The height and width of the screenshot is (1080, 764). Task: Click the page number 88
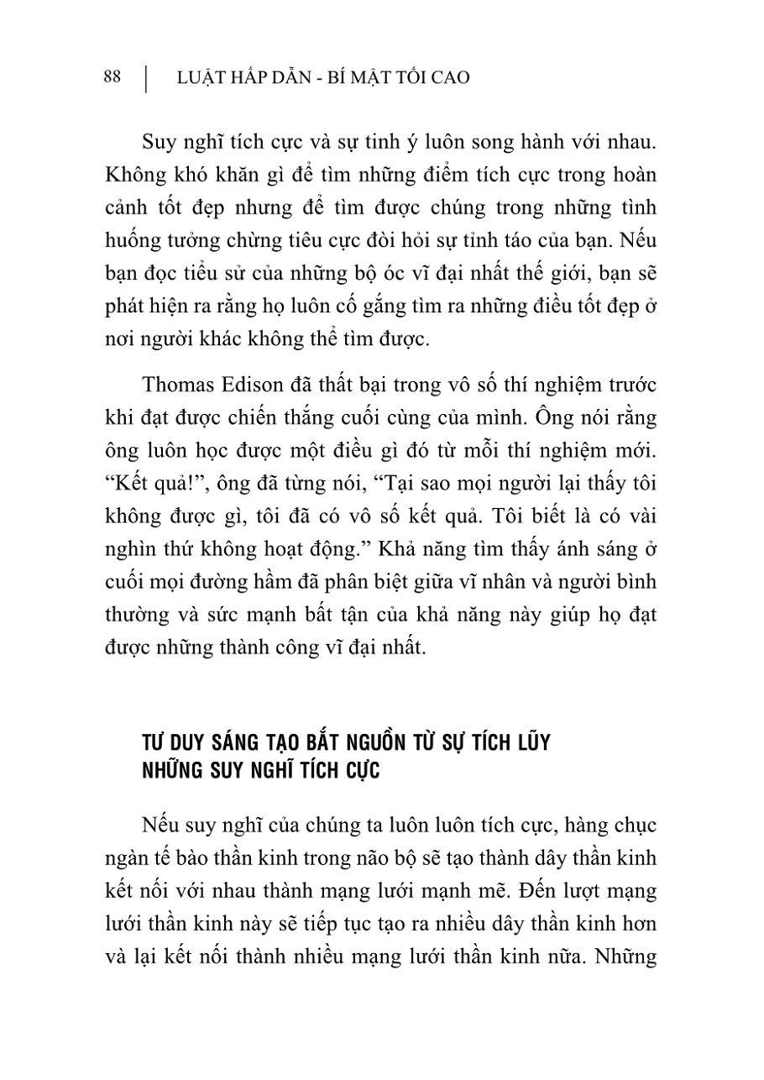pyautogui.click(x=113, y=77)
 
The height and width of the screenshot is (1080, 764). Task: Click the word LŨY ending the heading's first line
pyautogui.click(x=528, y=744)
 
